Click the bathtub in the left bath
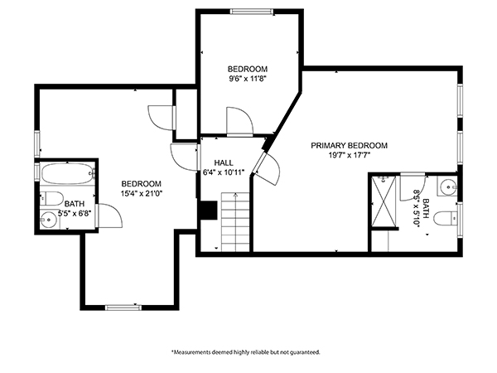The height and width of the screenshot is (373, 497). [67, 176]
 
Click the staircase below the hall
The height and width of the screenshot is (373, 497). [234, 221]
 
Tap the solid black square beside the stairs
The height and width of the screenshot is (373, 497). [207, 211]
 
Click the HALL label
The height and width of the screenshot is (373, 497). [224, 162]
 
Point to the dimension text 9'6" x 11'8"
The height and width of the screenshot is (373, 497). [248, 80]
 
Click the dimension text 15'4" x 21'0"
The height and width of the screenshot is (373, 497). [141, 195]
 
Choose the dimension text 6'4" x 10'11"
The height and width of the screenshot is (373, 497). [224, 173]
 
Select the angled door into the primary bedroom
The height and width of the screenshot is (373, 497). [269, 168]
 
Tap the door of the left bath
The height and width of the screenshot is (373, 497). [110, 218]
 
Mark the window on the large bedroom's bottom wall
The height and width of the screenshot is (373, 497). [124, 308]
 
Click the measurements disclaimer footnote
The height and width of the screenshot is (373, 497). [245, 351]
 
